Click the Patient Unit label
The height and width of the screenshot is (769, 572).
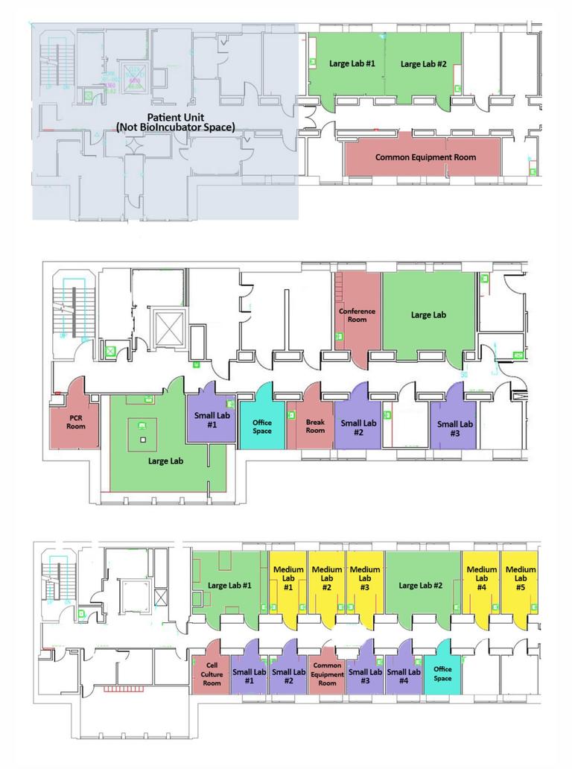(176, 123)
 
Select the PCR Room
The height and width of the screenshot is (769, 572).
(75, 422)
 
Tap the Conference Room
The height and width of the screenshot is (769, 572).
(357, 315)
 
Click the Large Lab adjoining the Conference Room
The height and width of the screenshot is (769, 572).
(428, 314)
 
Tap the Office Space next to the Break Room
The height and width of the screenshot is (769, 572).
(261, 427)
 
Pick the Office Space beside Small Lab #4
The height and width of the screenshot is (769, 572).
(442, 673)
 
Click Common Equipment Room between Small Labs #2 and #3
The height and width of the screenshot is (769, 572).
(327, 674)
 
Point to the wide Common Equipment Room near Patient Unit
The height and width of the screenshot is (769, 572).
(425, 157)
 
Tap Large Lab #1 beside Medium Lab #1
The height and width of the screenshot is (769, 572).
(229, 586)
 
